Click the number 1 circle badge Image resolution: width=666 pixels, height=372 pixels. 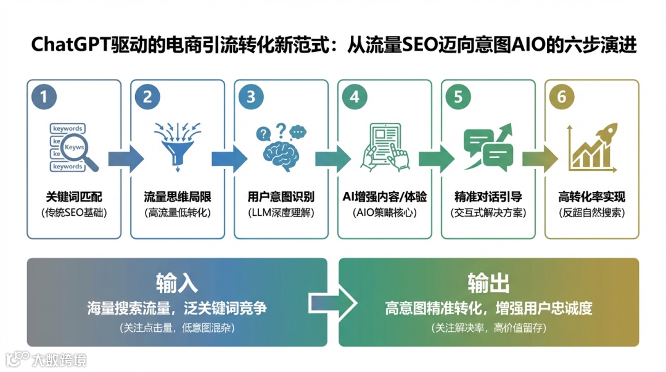coord(44,97)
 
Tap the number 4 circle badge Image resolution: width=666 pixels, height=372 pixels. coord(354,97)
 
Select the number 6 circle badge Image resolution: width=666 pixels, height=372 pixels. coord(562,97)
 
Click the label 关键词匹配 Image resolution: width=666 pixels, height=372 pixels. coord(74,197)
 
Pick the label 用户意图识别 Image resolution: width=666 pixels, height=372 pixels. coord(281,197)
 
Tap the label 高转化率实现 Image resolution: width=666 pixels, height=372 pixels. coord(591,197)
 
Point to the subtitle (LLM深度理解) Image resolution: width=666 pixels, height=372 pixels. coord(281,213)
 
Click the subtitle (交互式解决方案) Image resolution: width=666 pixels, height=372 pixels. coord(488,213)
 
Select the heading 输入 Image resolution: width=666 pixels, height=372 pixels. coord(177,283)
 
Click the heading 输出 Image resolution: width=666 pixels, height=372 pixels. coord(488,283)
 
